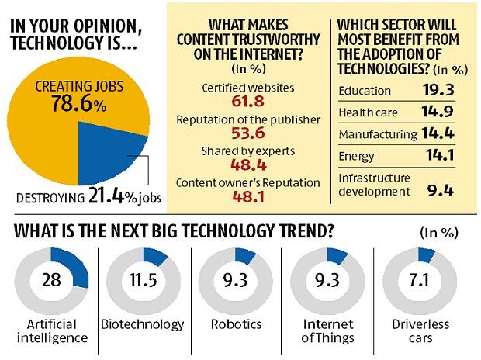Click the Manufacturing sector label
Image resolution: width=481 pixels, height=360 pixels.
[377, 135]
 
